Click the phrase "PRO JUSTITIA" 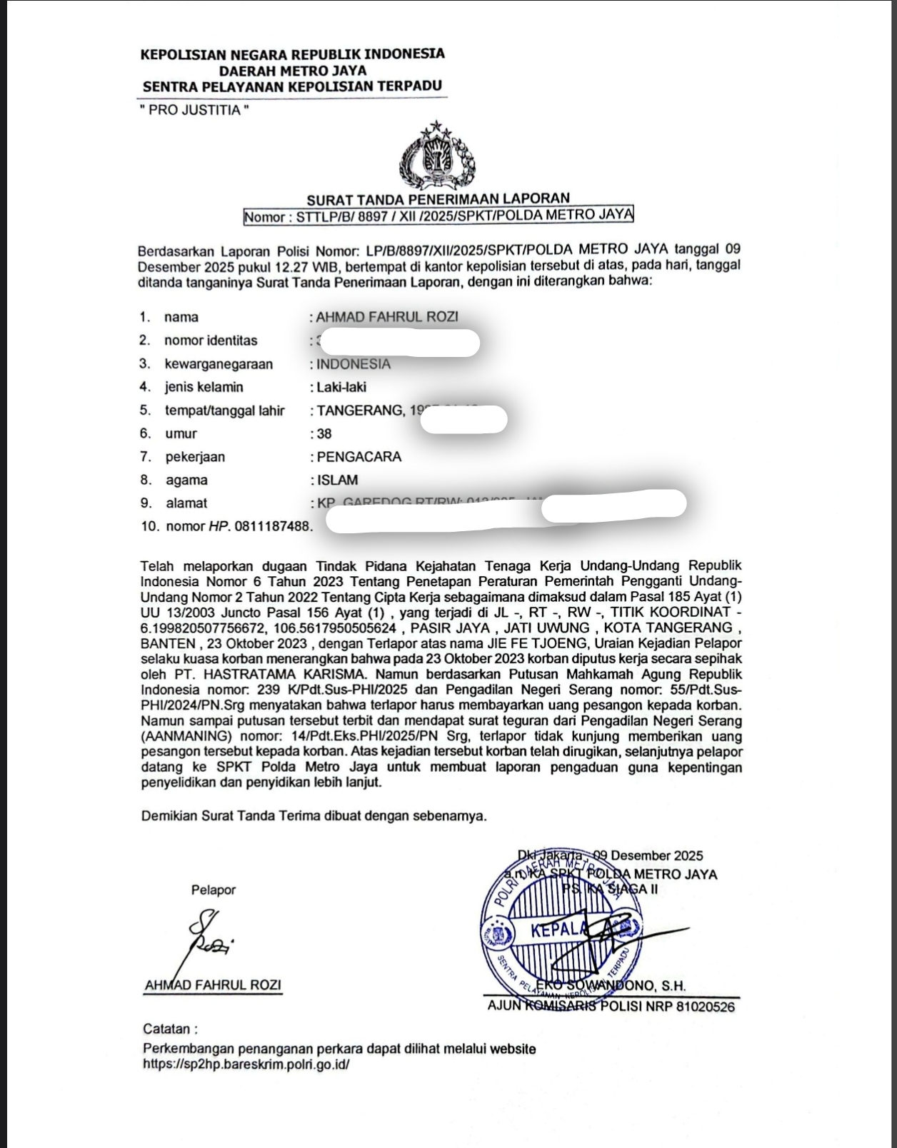click(195, 111)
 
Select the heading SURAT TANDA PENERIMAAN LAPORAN click(438, 198)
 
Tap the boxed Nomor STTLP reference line click(438, 216)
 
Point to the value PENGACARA click(359, 457)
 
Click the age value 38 click(324, 433)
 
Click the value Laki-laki click(341, 387)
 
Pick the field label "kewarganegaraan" click(219, 364)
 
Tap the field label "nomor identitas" click(211, 341)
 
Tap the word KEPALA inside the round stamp click(558, 930)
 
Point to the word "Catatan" click(167, 1029)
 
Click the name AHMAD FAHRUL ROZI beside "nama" click(387, 317)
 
